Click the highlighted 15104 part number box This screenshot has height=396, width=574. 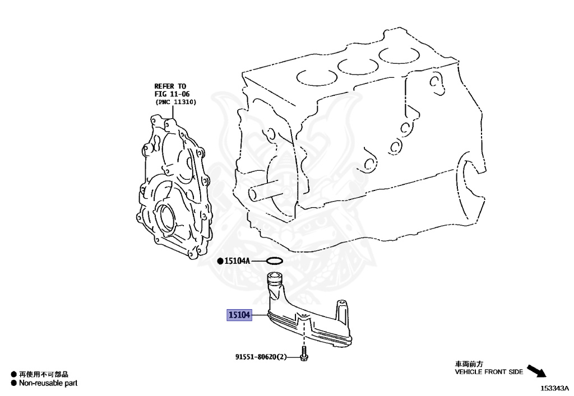pyautogui.click(x=238, y=315)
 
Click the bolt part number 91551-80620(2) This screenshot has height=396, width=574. pyautogui.click(x=261, y=357)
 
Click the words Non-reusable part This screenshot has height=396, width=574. pyautogui.click(x=48, y=383)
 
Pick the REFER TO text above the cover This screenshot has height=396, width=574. pyautogui.click(x=170, y=86)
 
